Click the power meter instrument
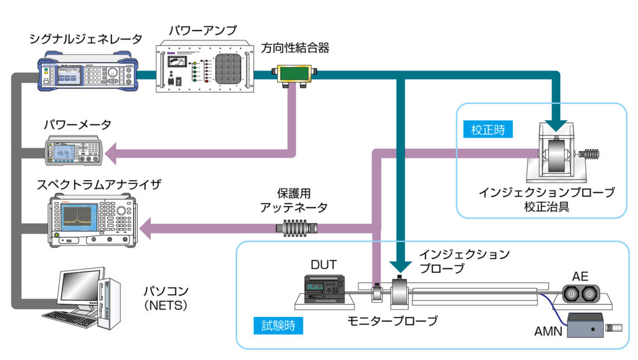click(x=72, y=150)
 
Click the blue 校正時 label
click(x=488, y=130)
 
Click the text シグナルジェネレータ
click(x=86, y=39)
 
